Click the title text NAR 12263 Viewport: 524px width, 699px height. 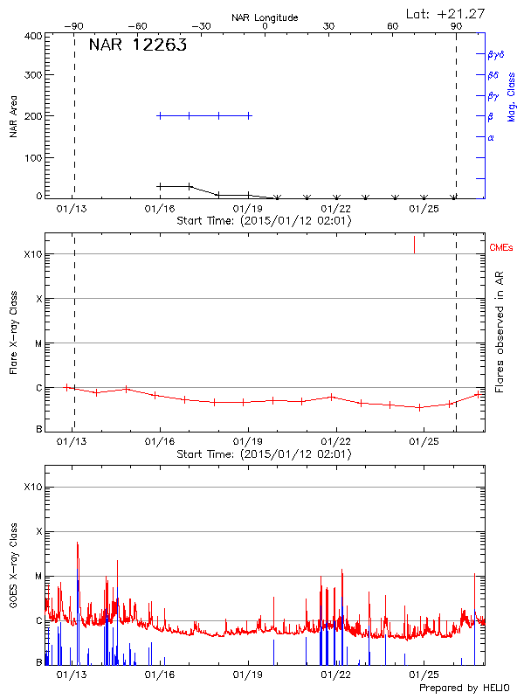tap(137, 46)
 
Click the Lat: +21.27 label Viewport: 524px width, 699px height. tap(446, 13)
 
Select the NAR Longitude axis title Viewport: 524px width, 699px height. tap(265, 17)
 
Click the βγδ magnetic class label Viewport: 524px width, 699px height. tap(496, 54)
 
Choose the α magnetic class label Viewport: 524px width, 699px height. tap(491, 138)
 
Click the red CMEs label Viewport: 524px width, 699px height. tap(502, 248)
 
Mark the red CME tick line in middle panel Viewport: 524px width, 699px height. tap(414, 245)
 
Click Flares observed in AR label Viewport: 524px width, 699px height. tap(500, 330)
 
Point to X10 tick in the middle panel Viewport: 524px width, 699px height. tap(32, 254)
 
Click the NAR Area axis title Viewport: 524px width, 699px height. tap(14, 116)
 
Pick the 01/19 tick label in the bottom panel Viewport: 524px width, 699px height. tap(248, 675)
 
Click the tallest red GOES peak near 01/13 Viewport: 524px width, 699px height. tap(78, 543)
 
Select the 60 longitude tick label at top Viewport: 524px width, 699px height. tap(392, 26)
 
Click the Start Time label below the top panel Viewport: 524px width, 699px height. tap(264, 221)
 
